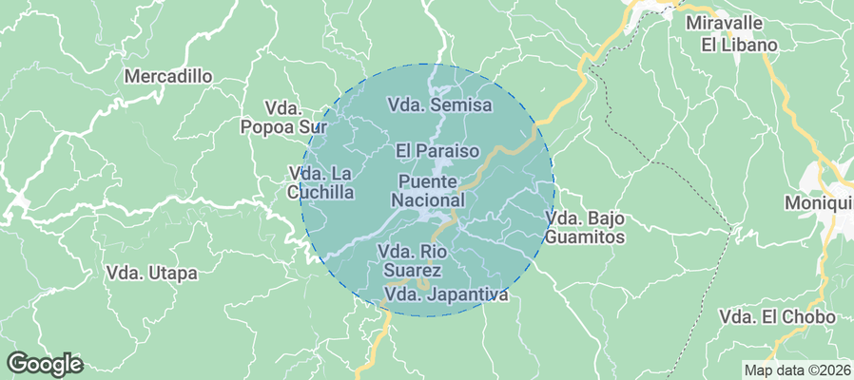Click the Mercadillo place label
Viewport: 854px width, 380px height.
pyautogui.click(x=168, y=76)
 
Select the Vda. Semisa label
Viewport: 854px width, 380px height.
pyautogui.click(x=440, y=104)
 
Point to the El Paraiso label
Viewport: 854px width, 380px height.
pyautogui.click(x=437, y=150)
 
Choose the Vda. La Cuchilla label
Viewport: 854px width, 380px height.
pyautogui.click(x=321, y=182)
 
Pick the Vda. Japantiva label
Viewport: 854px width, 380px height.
pyautogui.click(x=446, y=294)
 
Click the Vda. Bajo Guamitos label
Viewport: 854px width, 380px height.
pyautogui.click(x=585, y=228)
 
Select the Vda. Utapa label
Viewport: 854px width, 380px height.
pyautogui.click(x=152, y=273)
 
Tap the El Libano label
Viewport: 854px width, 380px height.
pyautogui.click(x=740, y=45)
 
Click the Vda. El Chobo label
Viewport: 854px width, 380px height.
pyautogui.click(x=777, y=316)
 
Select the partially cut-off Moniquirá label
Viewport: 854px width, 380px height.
pyautogui.click(x=819, y=202)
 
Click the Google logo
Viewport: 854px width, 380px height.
pyautogui.click(x=45, y=363)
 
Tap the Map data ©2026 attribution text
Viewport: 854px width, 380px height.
pyautogui.click(x=797, y=370)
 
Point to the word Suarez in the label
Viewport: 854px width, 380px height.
pyautogui.click(x=414, y=271)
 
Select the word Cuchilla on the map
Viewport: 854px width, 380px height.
pyautogui.click(x=320, y=193)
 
